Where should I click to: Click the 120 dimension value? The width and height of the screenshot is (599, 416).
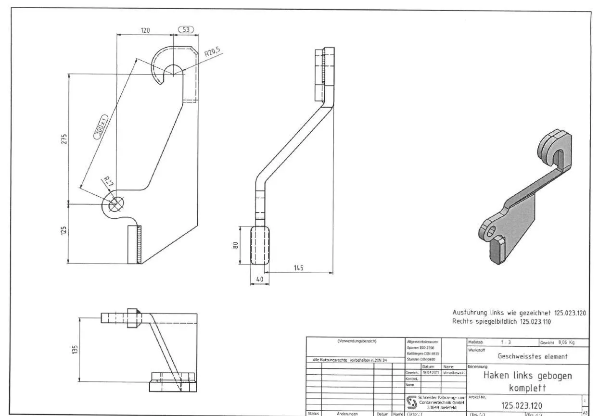pos(145,30)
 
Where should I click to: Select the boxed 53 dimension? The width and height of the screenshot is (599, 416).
pos(186,30)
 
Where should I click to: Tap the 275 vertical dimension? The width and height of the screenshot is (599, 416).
pos(64,139)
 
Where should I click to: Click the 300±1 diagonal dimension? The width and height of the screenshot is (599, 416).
pos(101,127)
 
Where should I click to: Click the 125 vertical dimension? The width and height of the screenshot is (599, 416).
pos(64,234)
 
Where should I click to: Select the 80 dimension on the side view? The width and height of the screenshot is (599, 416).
pos(235,245)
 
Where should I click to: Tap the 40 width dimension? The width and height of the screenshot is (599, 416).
pos(259,279)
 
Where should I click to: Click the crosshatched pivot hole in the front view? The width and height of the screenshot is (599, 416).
pos(115,204)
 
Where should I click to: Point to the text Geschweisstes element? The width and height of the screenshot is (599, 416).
pos(533,356)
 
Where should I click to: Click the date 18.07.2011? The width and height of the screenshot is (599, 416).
pos(428,372)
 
